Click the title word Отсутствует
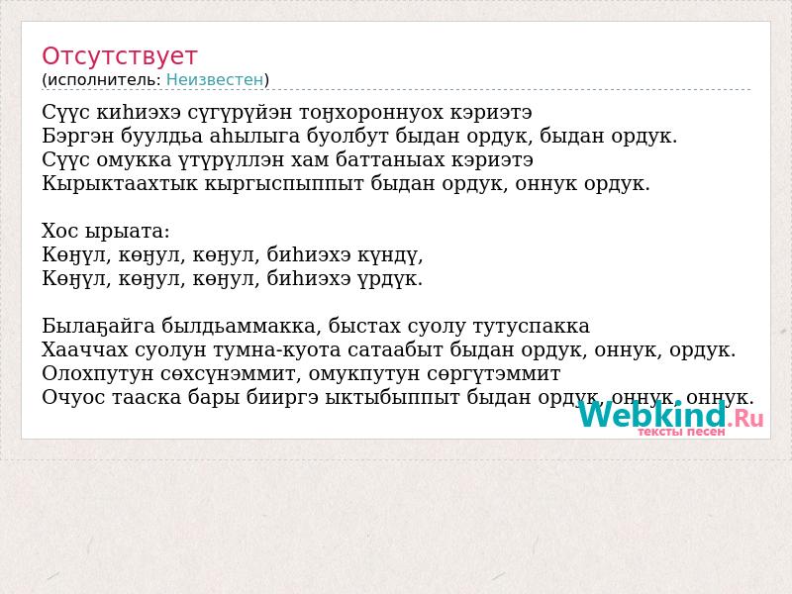pos(119,56)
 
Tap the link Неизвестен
pos(215,80)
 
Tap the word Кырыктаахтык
pos(119,183)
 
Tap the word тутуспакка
pos(532,327)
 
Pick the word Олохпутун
pos(97,374)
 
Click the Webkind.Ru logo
pos(671,415)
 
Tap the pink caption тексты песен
pos(681,432)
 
